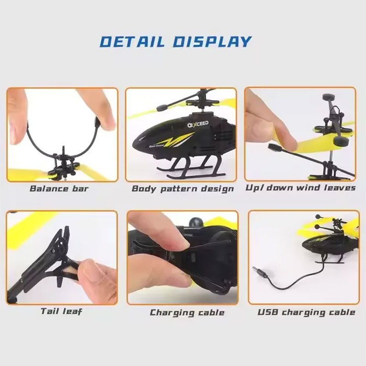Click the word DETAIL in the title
132,41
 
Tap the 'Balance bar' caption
59,188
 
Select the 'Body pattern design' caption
183,188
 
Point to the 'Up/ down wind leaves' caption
301,188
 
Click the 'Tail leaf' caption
61,312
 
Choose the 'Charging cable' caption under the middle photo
187,313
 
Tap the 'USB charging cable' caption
306,312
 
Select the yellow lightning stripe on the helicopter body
176,140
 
